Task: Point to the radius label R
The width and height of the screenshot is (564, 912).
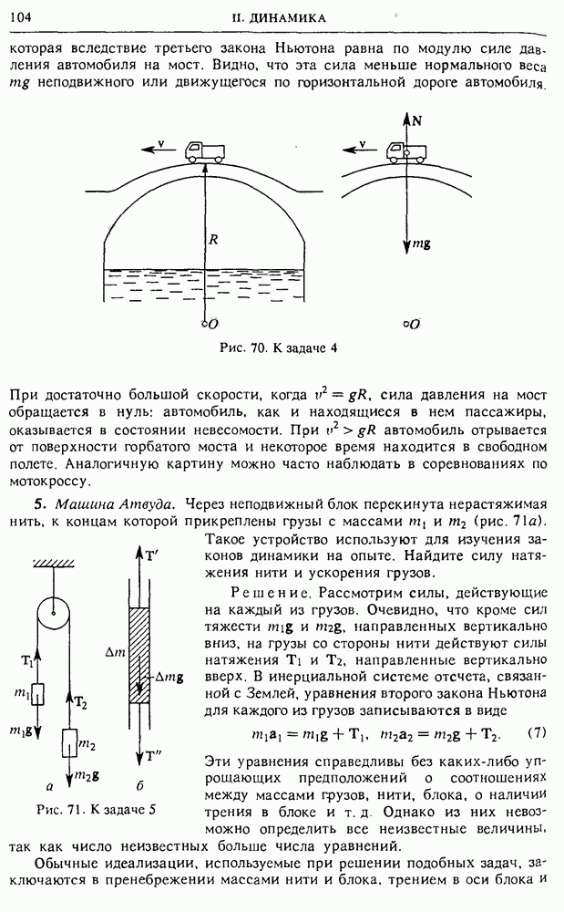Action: [211, 241]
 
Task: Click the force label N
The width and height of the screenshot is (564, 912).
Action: [417, 119]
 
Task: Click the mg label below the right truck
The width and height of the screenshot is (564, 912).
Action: [422, 245]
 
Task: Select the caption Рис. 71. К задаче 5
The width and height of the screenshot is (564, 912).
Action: [97, 809]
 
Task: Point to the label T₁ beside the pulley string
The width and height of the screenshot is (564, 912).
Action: [27, 659]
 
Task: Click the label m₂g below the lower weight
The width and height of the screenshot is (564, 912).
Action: [87, 775]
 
